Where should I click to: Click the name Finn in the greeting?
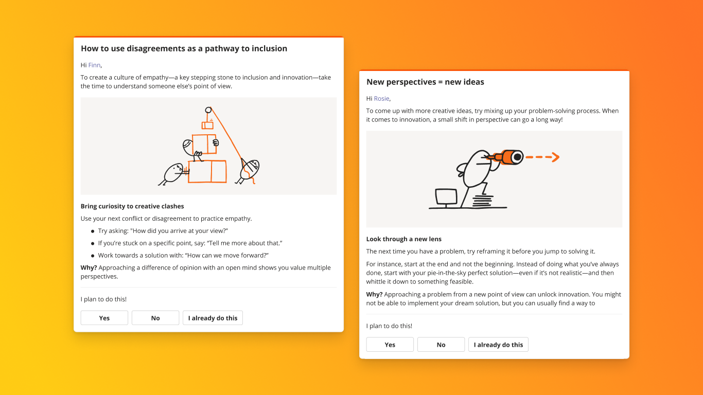click(94, 65)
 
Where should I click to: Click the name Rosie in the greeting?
click(381, 99)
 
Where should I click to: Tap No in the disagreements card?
click(155, 318)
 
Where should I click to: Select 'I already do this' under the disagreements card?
click(213, 318)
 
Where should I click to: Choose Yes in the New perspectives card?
click(390, 345)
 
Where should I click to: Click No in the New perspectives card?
click(441, 345)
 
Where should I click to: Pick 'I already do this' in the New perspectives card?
click(498, 345)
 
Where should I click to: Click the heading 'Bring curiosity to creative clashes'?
click(132, 206)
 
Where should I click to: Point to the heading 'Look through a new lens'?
click(403, 239)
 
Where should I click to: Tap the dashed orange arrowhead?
click(555, 157)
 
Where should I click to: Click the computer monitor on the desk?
click(446, 196)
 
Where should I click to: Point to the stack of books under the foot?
click(482, 201)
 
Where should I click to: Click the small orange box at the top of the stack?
click(207, 125)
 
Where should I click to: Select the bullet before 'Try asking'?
click(93, 231)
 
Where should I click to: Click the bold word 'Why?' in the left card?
click(89, 267)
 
